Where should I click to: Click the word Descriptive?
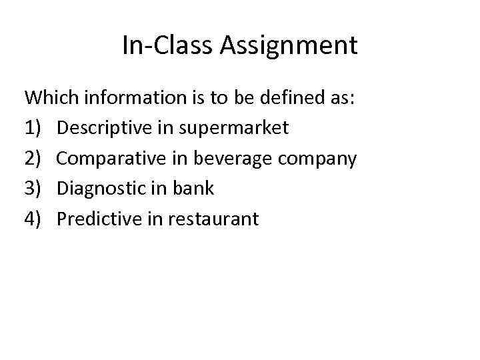coord(104,128)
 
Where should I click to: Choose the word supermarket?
coord(233,129)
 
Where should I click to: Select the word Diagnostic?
coord(99,189)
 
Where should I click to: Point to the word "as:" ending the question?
coord(345,98)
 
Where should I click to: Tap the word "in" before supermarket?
coord(165,128)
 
